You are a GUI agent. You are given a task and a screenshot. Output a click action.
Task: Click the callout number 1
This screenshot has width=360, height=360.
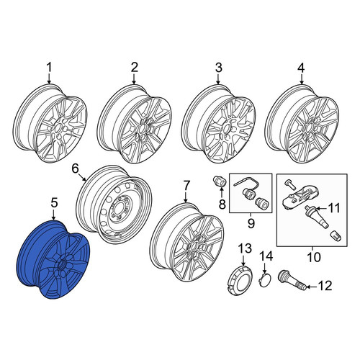49,68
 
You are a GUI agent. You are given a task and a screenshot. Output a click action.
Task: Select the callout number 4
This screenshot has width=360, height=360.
301,68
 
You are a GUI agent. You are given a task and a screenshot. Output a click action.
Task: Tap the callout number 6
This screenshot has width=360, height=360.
75,169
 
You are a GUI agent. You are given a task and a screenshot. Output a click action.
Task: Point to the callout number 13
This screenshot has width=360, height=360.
245,248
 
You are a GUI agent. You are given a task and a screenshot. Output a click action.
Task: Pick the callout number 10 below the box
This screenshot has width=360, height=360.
314,257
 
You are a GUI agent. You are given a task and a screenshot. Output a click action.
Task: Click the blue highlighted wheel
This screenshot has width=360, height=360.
54,259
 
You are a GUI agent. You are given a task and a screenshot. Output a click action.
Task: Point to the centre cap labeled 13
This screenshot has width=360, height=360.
238,279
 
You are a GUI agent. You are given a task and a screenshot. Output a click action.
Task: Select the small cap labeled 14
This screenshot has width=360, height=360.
265,279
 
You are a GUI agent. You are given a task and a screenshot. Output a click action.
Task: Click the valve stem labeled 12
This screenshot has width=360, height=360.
292,280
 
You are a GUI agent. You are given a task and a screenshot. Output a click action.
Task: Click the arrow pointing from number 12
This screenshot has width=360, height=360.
312,287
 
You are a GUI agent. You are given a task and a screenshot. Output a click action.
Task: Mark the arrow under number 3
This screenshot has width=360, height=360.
218,78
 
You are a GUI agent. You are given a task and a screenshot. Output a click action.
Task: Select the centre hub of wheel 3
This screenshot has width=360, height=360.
227,129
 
